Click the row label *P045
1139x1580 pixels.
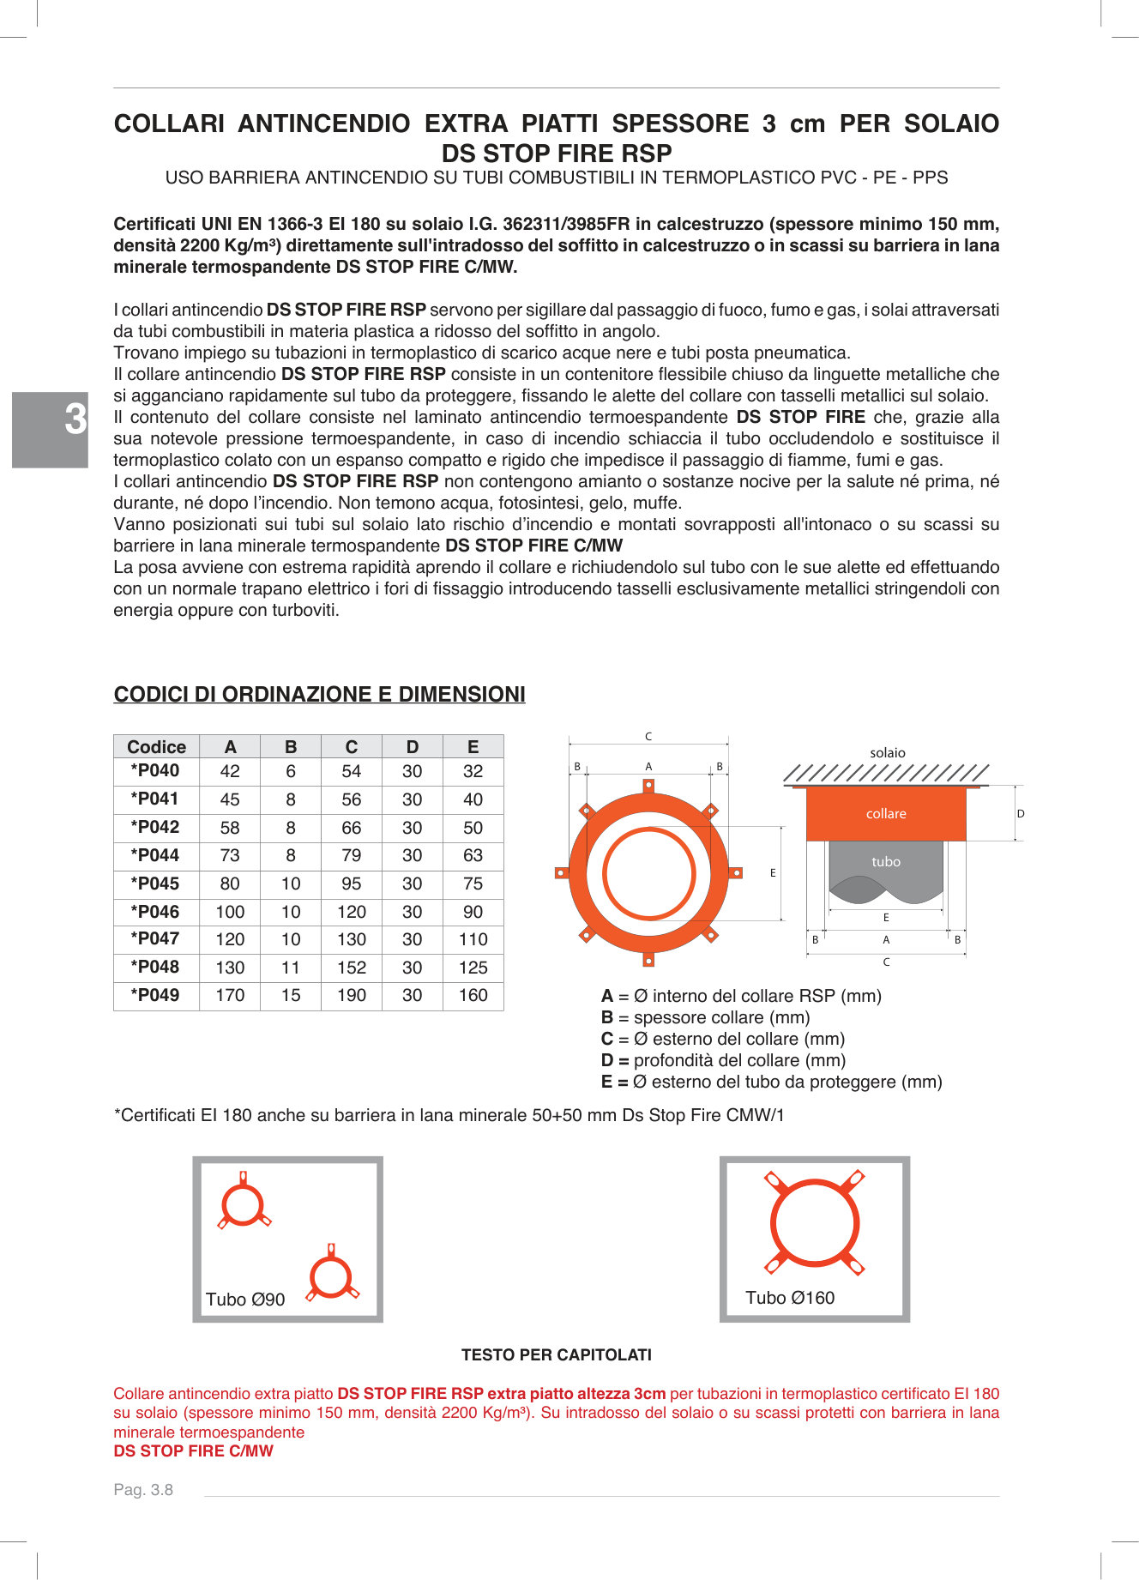coord(154,883)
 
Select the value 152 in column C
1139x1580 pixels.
coord(352,968)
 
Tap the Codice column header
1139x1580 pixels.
coord(156,746)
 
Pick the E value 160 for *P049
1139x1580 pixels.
coord(473,995)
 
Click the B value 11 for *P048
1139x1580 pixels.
coord(291,968)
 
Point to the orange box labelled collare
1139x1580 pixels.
coord(886,813)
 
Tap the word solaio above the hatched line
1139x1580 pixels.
coord(888,752)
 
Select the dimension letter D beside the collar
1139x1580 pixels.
coord(1021,813)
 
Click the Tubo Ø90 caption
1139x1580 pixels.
coord(245,1300)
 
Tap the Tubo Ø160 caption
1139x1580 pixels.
coord(790,1298)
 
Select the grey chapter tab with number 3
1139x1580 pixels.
coord(50,429)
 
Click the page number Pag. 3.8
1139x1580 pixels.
coord(143,1490)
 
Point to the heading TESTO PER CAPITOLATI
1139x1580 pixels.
coord(557,1354)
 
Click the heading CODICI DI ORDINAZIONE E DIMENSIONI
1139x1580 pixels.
coord(319,694)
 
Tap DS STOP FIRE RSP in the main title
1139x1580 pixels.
coord(557,154)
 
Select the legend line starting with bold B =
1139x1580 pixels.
coord(706,1017)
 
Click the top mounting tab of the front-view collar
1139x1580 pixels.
coord(648,785)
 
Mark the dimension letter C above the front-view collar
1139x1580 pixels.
coord(648,736)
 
